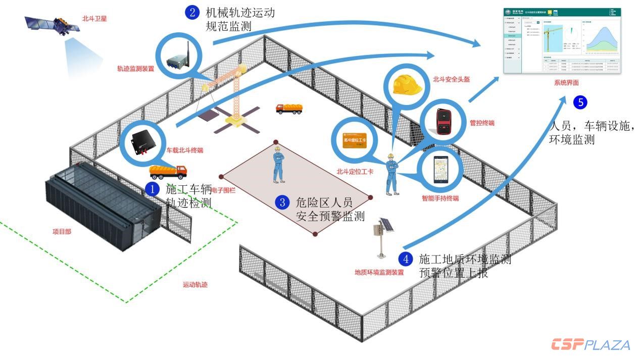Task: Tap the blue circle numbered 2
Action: [192, 12]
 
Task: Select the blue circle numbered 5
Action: [580, 102]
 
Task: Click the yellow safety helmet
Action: [407, 83]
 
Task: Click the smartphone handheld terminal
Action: [440, 169]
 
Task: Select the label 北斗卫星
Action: [94, 19]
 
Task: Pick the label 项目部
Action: [63, 232]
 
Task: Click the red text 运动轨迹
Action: [195, 285]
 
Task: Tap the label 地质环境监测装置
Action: [379, 273]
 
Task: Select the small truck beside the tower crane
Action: [289, 108]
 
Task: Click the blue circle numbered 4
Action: [405, 259]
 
